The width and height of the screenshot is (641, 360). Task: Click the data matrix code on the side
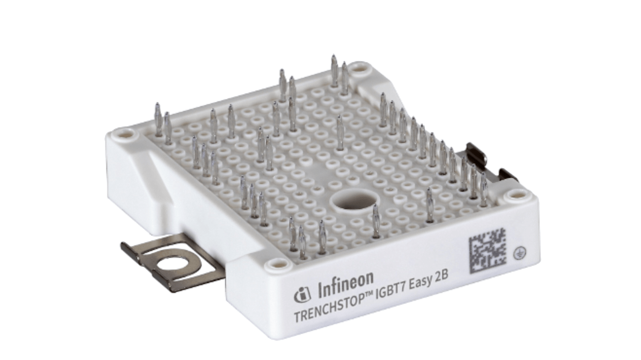(488, 251)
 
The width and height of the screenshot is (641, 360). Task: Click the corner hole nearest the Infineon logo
(274, 264)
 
